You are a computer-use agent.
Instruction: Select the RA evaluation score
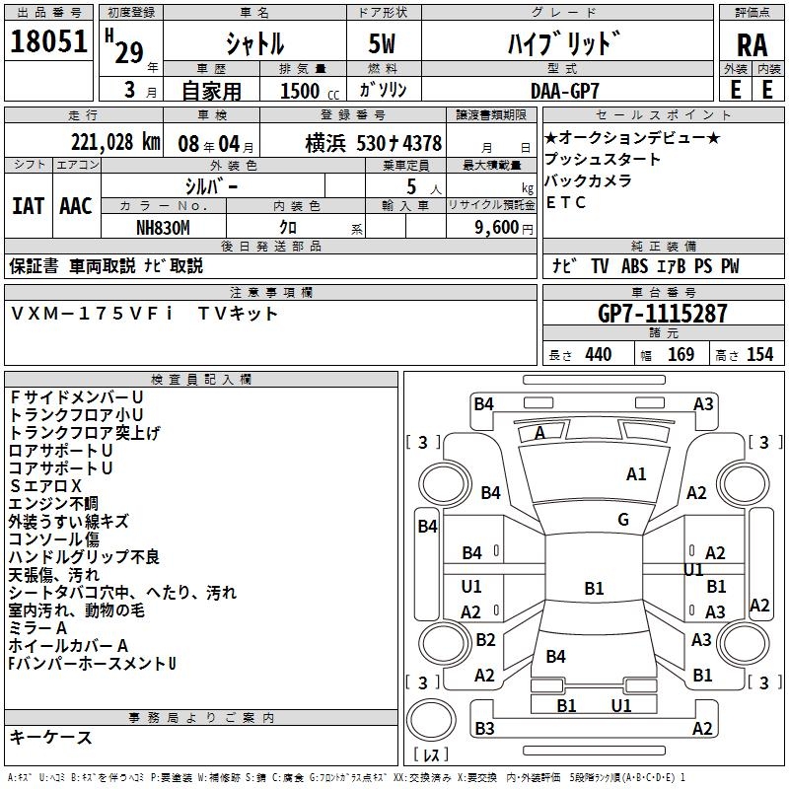pos(752,44)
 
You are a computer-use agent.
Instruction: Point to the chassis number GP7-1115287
pos(663,314)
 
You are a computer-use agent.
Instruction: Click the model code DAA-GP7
pos(564,90)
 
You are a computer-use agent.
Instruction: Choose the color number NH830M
pos(165,227)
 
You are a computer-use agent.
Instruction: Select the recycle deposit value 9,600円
pos(491,227)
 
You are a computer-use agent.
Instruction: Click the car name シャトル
pos(254,44)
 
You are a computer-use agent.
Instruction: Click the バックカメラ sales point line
pos(595,181)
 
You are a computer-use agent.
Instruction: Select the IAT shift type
pos(28,206)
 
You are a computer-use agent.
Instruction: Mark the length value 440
pos(598,355)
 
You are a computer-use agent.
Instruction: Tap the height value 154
pos(759,355)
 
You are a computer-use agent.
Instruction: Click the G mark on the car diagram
pos(623,520)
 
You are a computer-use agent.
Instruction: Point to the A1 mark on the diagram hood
pos(636,474)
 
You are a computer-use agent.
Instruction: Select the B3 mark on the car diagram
pos(484,729)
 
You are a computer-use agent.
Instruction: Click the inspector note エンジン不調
pos(54,504)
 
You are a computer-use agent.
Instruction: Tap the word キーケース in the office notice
pos(50,737)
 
